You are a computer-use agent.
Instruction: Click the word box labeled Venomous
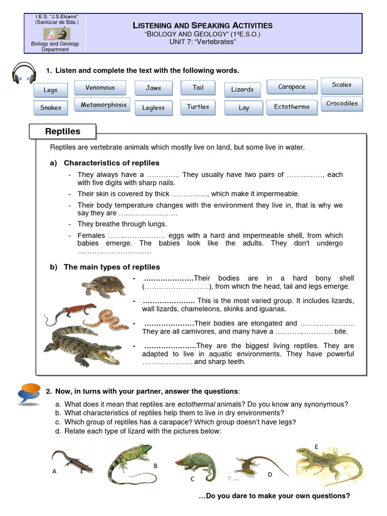[x=100, y=88]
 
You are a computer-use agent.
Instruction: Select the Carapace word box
[x=292, y=87]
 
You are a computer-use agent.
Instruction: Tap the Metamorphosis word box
[x=103, y=105]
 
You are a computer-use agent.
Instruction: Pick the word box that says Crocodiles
[x=342, y=104]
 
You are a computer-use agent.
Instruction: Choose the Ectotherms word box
[x=292, y=107]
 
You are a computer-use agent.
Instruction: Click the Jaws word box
[x=154, y=88]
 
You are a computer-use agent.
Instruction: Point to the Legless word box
[x=153, y=108]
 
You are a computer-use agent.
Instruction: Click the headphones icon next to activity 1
[x=24, y=74]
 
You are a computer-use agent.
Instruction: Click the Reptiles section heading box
[x=63, y=132]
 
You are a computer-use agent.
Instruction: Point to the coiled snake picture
[x=106, y=319]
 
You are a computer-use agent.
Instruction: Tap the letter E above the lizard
[x=316, y=447]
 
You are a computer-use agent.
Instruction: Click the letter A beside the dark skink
[x=54, y=472]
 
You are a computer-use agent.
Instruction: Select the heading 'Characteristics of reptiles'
[x=111, y=163]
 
